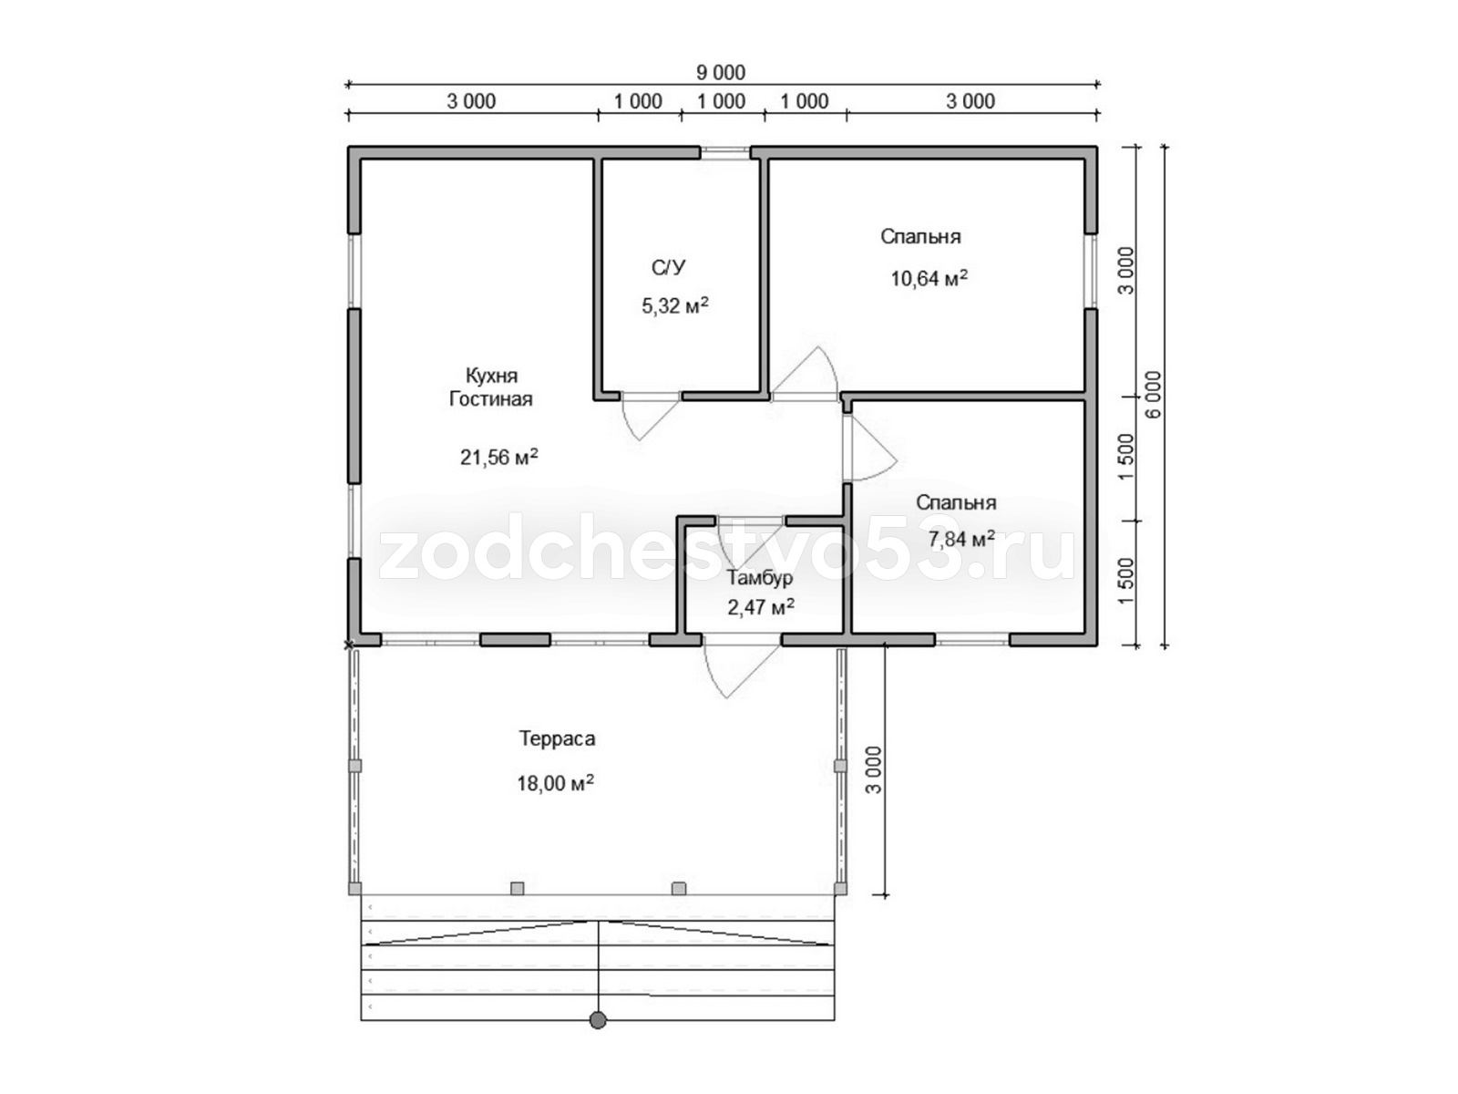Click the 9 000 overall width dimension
tap(721, 72)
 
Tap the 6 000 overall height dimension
tap(1155, 394)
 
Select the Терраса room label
tap(557, 738)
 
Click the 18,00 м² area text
tap(555, 783)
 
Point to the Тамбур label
tap(760, 578)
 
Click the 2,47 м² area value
tap(761, 607)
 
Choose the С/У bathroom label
tap(668, 268)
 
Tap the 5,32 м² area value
tap(675, 305)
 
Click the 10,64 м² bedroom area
tap(929, 278)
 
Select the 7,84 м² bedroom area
tap(961, 539)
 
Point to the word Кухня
tap(491, 376)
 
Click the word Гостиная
tap(491, 399)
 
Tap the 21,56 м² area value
tap(498, 457)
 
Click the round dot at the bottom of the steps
tap(598, 1038)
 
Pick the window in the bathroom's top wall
tap(725, 152)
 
